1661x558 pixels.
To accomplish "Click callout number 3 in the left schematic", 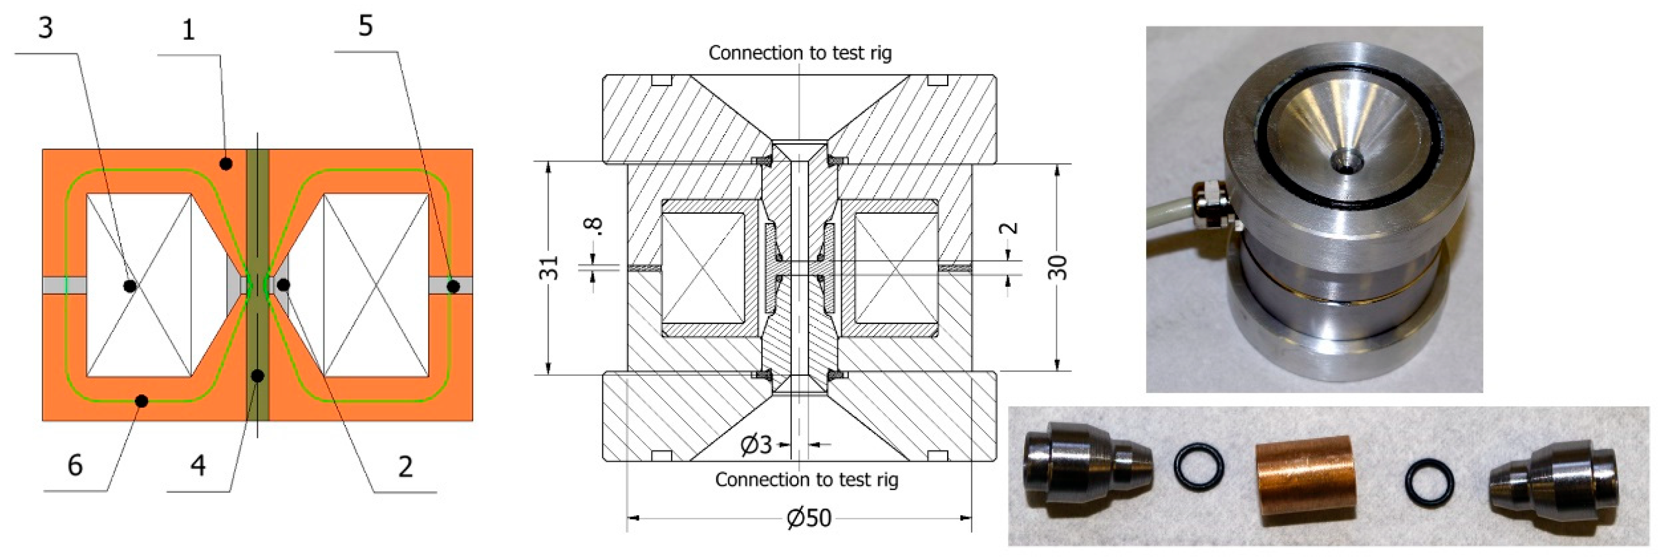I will (x=45, y=28).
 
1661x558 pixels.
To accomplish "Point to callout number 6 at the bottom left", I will (x=75, y=465).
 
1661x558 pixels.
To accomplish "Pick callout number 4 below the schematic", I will (x=198, y=465).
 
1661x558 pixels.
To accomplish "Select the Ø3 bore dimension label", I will (x=756, y=445).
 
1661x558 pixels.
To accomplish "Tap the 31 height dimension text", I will (x=549, y=268).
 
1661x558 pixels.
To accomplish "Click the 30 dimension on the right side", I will (x=1058, y=267).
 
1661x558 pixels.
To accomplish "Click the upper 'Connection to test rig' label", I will (x=800, y=53).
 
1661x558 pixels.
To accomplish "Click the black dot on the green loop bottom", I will (x=142, y=401).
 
